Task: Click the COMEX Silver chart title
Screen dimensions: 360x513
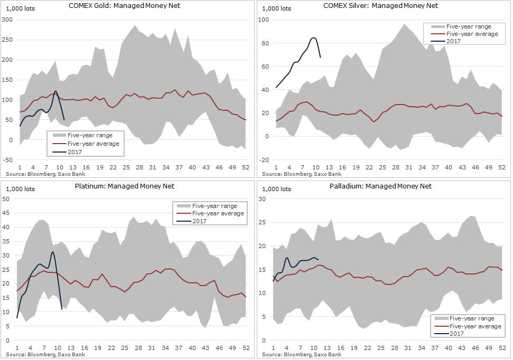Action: coord(380,6)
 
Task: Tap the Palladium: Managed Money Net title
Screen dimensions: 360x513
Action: coord(380,186)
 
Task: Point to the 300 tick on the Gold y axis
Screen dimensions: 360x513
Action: coord(8,20)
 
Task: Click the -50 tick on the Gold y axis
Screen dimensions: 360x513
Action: coord(8,160)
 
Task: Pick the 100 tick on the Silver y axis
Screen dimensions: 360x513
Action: coord(263,20)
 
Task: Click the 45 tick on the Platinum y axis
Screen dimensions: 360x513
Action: coord(7,213)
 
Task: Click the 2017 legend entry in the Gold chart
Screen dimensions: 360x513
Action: coord(74,151)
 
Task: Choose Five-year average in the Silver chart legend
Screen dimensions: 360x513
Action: coord(472,34)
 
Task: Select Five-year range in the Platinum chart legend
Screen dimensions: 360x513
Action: coord(214,206)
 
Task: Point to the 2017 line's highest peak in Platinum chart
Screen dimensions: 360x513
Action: coord(52,252)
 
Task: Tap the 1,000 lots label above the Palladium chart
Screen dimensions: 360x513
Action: coord(276,188)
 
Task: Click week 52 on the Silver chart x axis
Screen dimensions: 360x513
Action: coord(502,167)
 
